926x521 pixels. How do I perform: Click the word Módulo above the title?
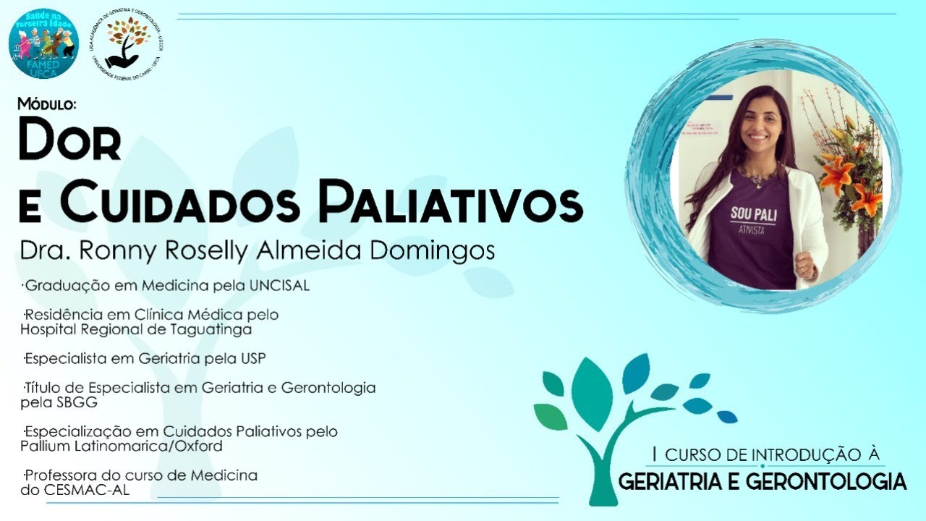pos(47,105)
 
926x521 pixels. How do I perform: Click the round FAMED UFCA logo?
pos(44,43)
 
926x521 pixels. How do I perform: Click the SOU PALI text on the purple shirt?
pos(750,215)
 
